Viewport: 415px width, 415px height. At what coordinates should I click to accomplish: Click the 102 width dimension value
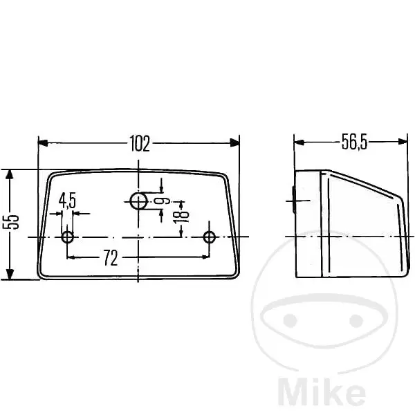click(140, 143)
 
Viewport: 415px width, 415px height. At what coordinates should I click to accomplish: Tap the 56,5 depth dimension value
click(354, 142)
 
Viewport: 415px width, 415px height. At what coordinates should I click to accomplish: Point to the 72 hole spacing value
click(110, 258)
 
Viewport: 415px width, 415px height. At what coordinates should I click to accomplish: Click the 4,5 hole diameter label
click(67, 201)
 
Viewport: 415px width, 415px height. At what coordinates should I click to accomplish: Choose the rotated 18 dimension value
click(181, 214)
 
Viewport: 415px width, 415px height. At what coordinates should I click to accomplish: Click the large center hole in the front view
click(138, 201)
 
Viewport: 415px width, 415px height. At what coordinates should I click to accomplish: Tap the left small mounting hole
click(68, 237)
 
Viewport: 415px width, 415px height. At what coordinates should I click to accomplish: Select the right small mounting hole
click(210, 237)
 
